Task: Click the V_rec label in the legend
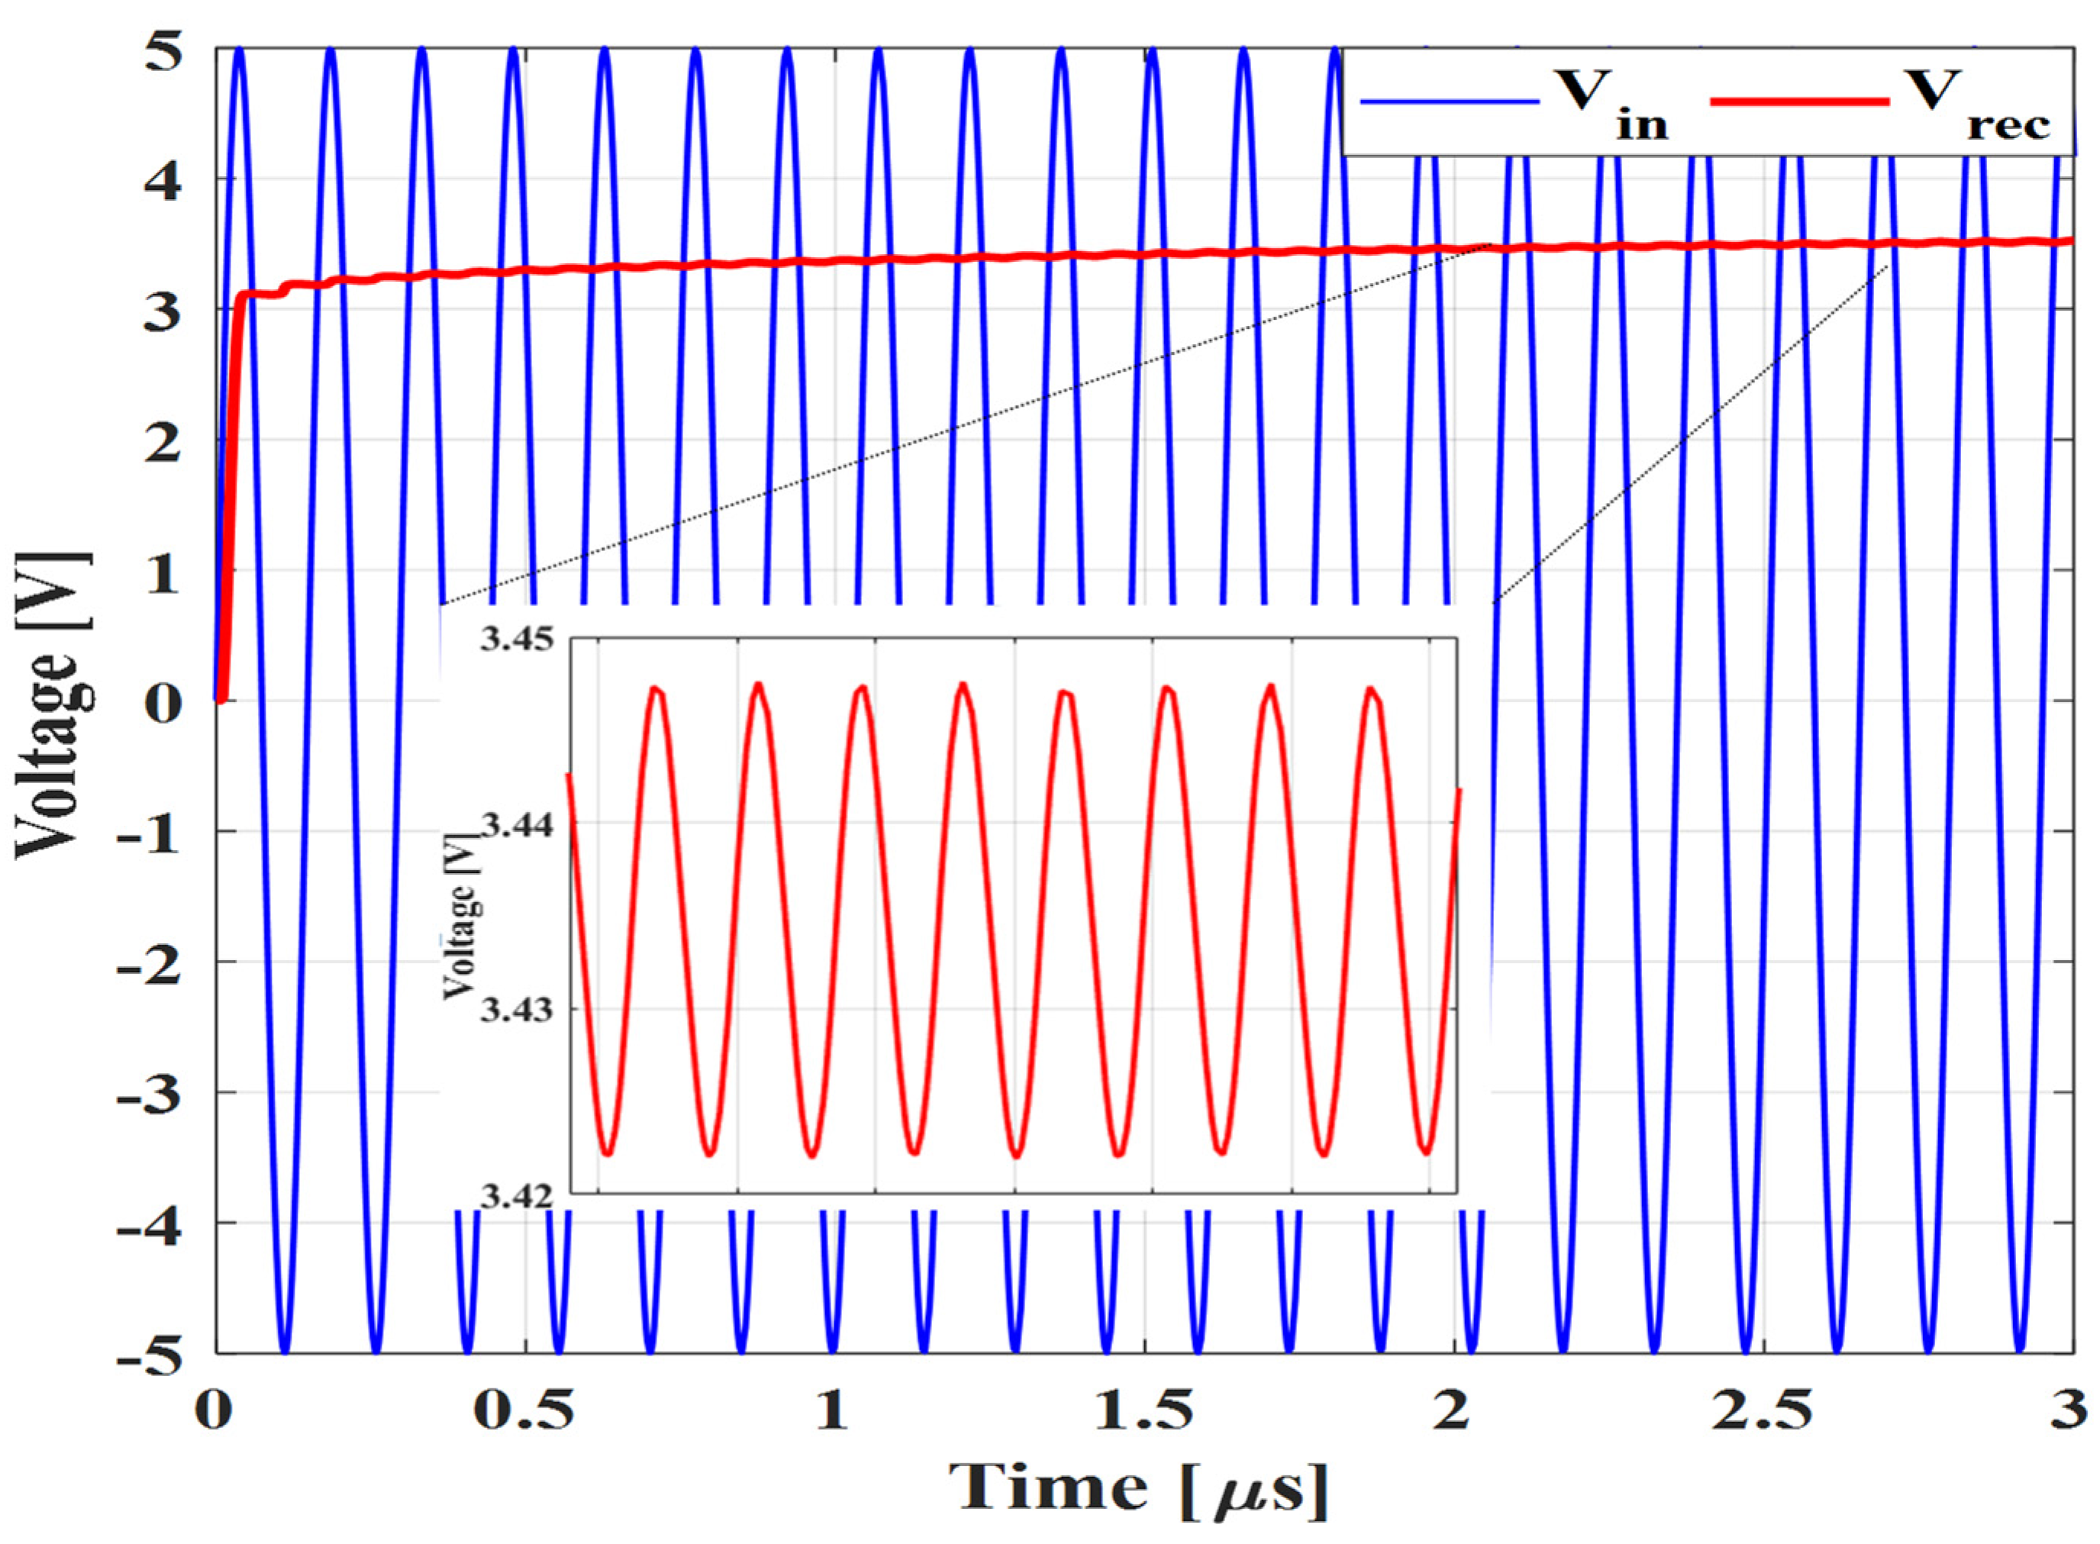coord(1991,105)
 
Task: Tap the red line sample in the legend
coord(1800,101)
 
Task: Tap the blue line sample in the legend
coord(1449,101)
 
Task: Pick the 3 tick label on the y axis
coord(166,311)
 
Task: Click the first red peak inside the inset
coord(657,690)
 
